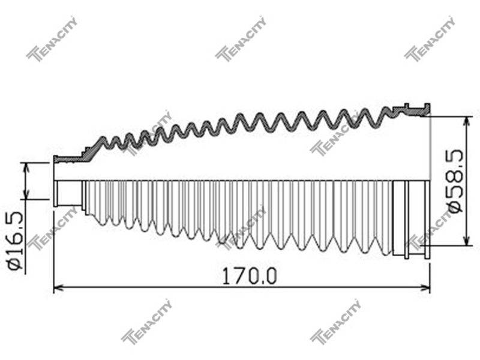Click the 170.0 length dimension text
click(x=249, y=276)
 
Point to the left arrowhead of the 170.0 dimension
click(x=58, y=287)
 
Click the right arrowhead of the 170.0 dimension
click(x=425, y=287)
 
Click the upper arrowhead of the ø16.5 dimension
click(x=26, y=167)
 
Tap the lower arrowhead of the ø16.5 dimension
click(x=26, y=194)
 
